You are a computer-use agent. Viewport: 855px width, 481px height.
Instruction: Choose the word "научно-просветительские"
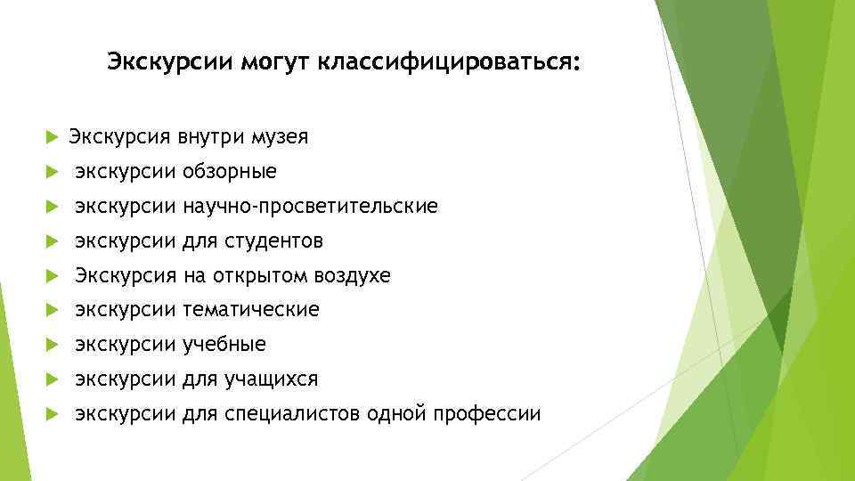pyautogui.click(x=310, y=207)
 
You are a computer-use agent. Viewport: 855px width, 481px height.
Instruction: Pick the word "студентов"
pyautogui.click(x=275, y=241)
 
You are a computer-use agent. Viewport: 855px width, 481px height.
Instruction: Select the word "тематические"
pyautogui.click(x=250, y=310)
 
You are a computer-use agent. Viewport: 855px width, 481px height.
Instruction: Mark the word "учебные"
pyautogui.click(x=224, y=345)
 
